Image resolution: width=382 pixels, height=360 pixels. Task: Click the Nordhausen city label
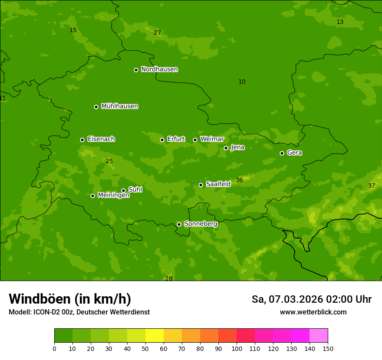coord(159,69)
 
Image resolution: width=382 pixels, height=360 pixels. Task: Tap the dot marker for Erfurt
coord(162,140)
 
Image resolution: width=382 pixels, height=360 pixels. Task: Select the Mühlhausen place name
coord(119,106)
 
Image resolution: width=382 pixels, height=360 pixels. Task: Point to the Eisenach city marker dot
coord(82,140)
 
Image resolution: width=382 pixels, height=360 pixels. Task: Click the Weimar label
coord(212,139)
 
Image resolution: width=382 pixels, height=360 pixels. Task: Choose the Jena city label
coord(237,147)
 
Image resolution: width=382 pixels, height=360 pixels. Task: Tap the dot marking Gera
coord(282,153)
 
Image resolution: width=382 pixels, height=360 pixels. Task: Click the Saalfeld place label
coord(218,184)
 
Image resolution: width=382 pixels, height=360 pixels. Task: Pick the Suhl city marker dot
coord(123,190)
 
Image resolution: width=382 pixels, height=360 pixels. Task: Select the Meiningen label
coord(113,196)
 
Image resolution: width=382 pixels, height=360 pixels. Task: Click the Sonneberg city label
coord(201,224)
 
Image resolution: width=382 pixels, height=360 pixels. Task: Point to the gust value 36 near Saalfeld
coord(239,180)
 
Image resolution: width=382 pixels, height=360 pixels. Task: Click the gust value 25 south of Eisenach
coord(109,161)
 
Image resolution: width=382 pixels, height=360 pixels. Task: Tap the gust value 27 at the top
coord(157,33)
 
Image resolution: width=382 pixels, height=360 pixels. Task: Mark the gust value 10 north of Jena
coord(242,82)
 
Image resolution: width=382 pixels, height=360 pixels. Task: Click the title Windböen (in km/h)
coord(70,299)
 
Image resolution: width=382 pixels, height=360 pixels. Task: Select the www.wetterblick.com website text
coord(313,312)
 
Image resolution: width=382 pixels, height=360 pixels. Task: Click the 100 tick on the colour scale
coord(237,348)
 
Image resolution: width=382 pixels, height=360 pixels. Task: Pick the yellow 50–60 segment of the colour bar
coord(155,336)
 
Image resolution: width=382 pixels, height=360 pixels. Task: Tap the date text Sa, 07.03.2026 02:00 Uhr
coord(311,299)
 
